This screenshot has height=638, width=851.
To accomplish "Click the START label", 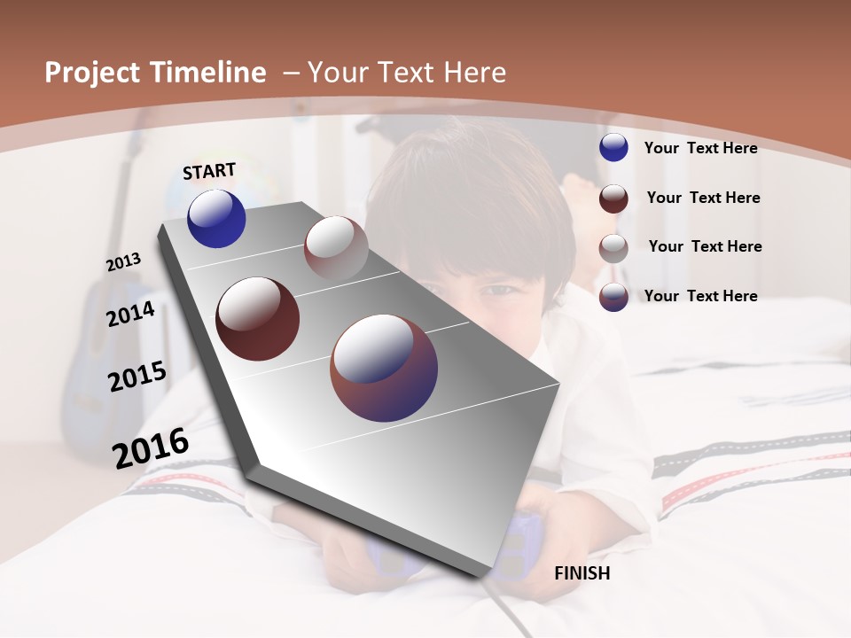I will [209, 171].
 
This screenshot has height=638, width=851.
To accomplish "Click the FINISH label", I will [582, 573].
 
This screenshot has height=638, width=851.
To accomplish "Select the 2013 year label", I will [124, 262].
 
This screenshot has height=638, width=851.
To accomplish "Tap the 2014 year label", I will [131, 314].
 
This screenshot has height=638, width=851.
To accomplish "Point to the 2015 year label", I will [137, 377].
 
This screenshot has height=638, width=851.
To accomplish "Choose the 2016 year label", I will [151, 447].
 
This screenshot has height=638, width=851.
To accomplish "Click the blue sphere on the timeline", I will [216, 218].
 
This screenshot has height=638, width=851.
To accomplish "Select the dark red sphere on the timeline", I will [257, 319].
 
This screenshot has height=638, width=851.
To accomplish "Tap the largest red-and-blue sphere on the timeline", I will [384, 368].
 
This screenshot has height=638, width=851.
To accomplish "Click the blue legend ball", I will [613, 147].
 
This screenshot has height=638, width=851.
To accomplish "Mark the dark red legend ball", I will [613, 198].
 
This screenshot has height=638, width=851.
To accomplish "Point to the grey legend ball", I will [613, 247].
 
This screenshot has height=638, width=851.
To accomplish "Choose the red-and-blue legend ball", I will [613, 296].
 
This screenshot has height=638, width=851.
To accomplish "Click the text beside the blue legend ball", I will [700, 148].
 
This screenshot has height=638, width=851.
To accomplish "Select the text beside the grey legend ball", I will [705, 246].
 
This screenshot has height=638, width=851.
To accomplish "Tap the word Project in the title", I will [92, 73].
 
